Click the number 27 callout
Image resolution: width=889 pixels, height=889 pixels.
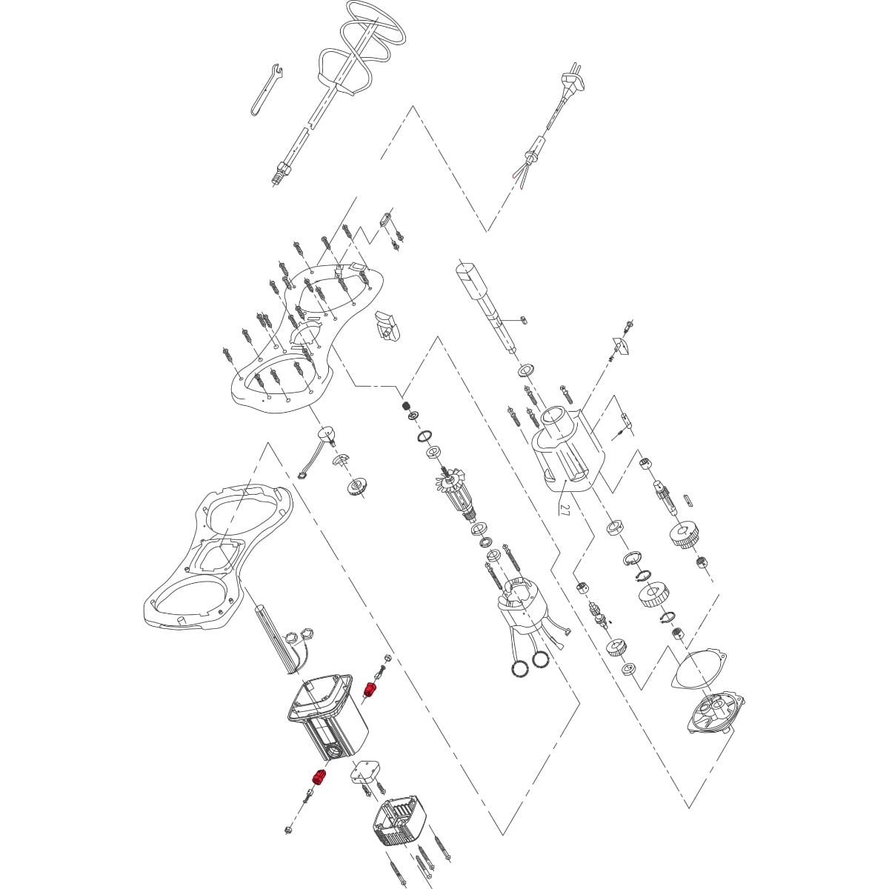pos(565,510)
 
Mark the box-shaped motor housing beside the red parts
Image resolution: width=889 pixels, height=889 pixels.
pos(326,719)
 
